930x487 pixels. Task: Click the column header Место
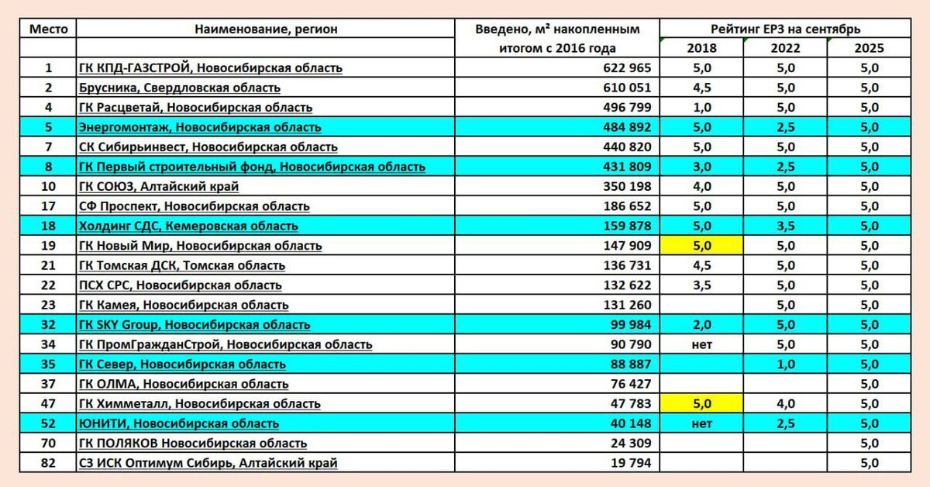coord(49,29)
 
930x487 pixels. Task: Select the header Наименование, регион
coord(266,29)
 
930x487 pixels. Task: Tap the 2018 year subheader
coord(701,48)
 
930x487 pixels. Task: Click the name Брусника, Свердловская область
coord(180,88)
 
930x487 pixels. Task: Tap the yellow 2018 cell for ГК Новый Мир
coord(701,246)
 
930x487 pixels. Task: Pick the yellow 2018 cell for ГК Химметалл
coord(701,404)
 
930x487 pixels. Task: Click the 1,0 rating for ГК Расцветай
coord(701,108)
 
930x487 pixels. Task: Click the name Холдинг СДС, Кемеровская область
coord(188,226)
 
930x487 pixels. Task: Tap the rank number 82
coord(49,463)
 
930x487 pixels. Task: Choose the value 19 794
coord(627,463)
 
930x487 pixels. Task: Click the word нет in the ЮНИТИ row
coord(701,423)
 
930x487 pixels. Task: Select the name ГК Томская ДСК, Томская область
coord(182,265)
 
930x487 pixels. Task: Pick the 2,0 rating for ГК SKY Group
coord(701,325)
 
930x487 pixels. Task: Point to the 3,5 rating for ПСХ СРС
coord(701,285)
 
